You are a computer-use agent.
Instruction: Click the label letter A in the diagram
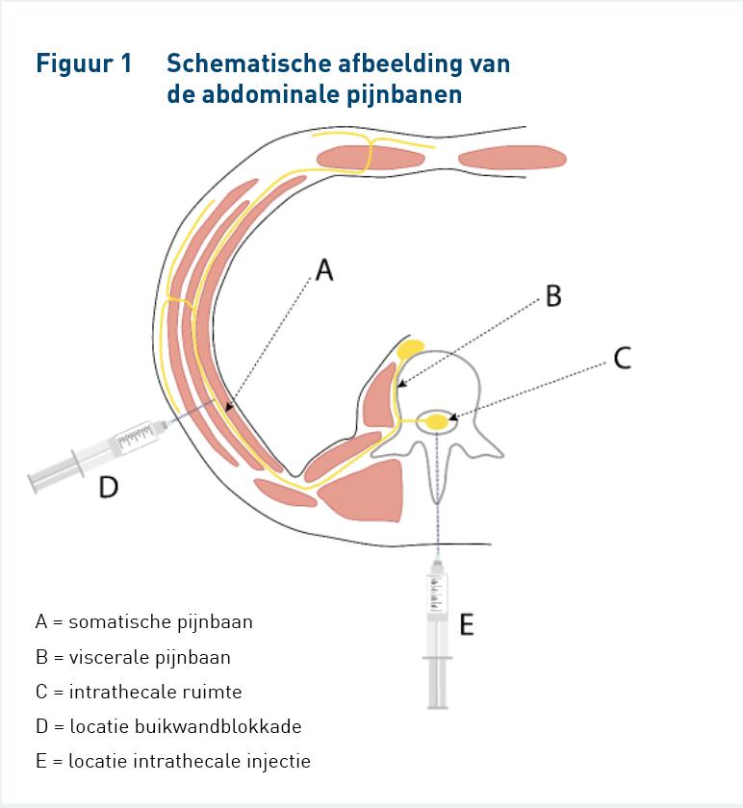click(x=324, y=270)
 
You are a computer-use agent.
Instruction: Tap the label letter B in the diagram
click(x=553, y=296)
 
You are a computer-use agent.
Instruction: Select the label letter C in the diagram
click(x=623, y=358)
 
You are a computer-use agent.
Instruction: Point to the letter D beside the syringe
click(x=109, y=487)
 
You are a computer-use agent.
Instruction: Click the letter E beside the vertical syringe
click(x=467, y=624)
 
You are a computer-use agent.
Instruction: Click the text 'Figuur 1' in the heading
click(x=84, y=63)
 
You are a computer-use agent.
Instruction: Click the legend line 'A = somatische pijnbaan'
click(x=144, y=622)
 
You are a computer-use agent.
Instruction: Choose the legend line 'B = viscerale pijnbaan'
click(x=133, y=657)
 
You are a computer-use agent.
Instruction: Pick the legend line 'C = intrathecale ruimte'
click(x=139, y=692)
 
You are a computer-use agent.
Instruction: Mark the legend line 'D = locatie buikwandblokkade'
click(x=168, y=726)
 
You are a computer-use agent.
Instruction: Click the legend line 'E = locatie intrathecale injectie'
click(x=173, y=761)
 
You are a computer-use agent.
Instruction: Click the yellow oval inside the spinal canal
click(x=438, y=421)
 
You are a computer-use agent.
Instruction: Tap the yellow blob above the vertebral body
click(x=410, y=349)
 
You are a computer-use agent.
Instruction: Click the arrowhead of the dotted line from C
click(x=452, y=417)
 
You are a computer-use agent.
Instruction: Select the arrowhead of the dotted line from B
click(x=401, y=384)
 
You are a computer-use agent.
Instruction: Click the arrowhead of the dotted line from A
click(x=229, y=407)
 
